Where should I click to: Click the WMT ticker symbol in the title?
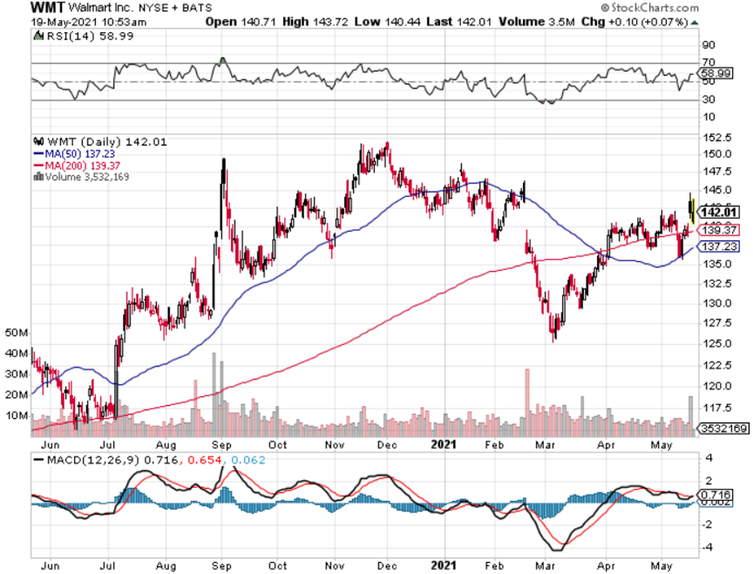tap(47, 8)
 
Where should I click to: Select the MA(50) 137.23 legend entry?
tap(73, 153)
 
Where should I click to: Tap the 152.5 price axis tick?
tap(718, 137)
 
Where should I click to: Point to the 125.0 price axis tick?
tap(718, 343)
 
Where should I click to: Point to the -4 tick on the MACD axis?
tap(708, 547)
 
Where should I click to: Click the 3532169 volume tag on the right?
tap(723, 428)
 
